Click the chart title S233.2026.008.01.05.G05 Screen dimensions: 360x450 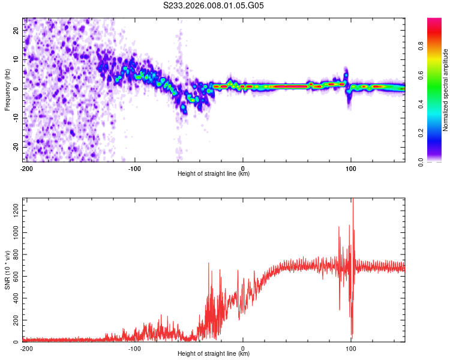pos(214,5)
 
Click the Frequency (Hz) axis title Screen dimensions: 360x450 pos(7,89)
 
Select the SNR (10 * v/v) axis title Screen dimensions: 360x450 pos(7,269)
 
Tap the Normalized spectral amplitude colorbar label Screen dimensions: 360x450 pos(445,90)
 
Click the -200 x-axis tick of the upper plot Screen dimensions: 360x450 pos(26,169)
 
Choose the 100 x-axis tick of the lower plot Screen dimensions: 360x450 pos(352,349)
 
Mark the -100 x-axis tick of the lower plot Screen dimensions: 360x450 pos(134,349)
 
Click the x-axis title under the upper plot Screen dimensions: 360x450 pos(214,174)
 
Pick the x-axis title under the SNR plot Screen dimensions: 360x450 pos(214,354)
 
